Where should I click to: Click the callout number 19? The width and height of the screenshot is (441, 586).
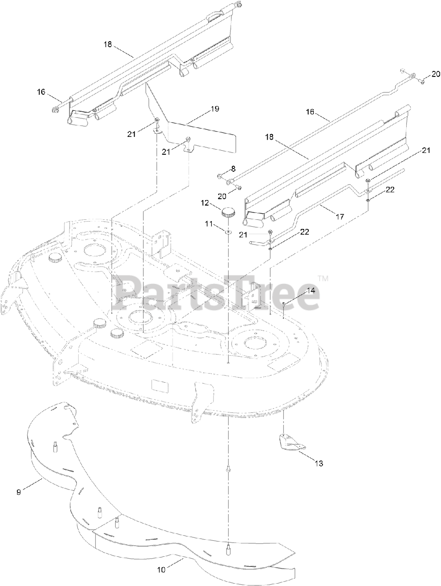click(215, 109)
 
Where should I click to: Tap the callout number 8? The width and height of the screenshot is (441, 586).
click(233, 168)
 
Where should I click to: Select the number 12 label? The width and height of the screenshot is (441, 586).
click(204, 202)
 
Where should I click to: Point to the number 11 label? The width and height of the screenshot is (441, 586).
click(209, 224)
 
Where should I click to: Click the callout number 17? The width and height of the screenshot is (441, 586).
click(339, 217)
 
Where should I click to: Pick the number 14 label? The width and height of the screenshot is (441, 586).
click(311, 290)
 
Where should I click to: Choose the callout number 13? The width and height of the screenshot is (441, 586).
click(319, 463)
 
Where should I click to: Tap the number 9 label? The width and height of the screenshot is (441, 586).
click(19, 493)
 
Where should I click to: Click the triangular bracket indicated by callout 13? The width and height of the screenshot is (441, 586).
click(291, 441)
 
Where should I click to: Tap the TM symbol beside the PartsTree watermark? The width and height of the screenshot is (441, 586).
click(323, 278)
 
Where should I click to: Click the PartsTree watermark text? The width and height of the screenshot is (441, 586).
click(220, 293)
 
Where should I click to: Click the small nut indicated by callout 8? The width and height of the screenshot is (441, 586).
click(220, 176)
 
